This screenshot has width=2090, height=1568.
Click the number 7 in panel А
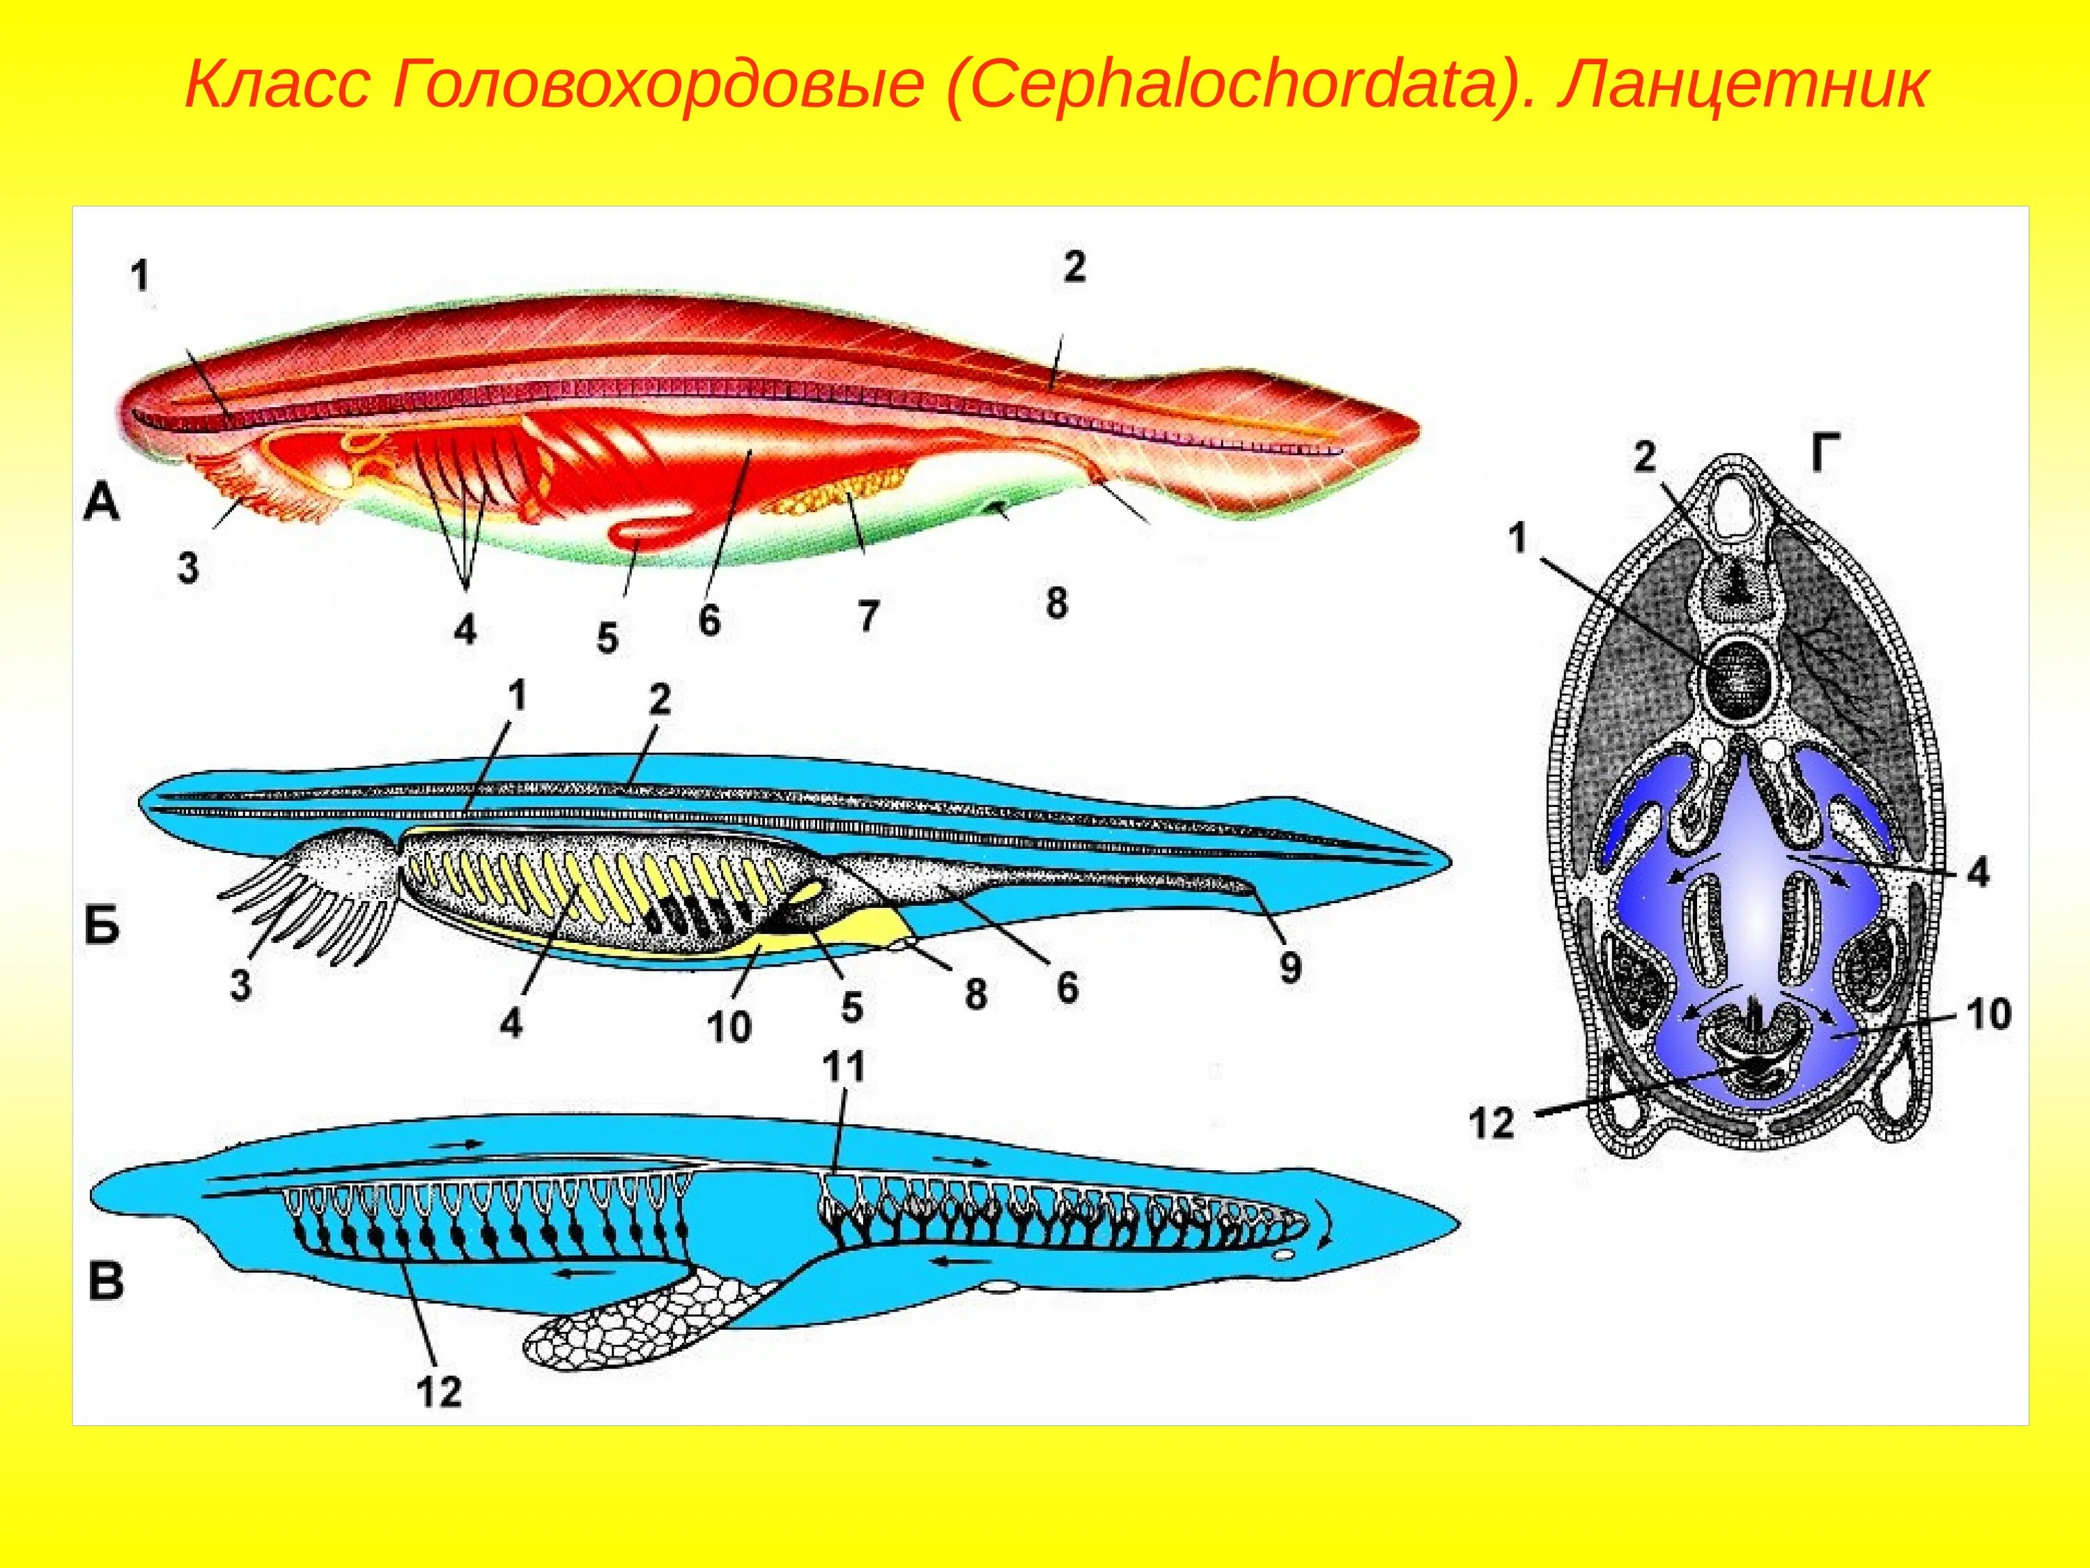click(868, 615)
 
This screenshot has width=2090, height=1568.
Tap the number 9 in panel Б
click(1290, 967)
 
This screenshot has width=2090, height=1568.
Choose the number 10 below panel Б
click(729, 1027)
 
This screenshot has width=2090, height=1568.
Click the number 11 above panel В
click(844, 1068)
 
